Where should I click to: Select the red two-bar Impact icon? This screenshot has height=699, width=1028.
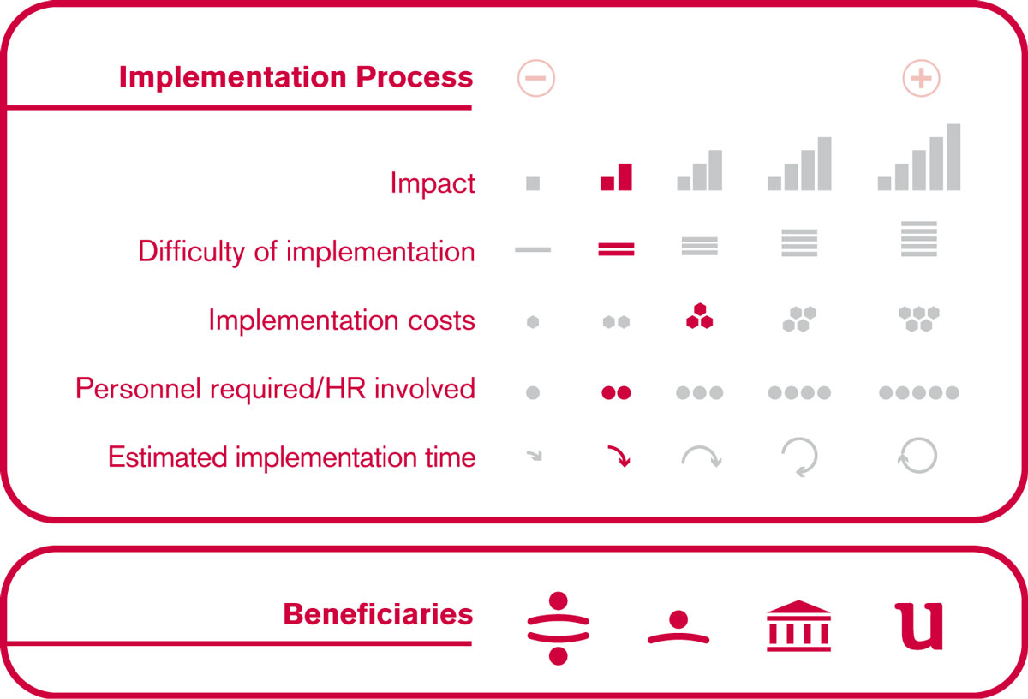[616, 176]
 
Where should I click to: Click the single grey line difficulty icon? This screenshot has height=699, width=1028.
[533, 249]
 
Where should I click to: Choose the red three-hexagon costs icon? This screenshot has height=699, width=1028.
[699, 316]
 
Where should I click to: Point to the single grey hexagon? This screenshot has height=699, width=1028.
[533, 322]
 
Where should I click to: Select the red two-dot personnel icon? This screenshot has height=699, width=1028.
[616, 392]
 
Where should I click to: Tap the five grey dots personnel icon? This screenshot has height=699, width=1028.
[918, 392]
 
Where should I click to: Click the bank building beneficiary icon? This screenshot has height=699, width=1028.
[798, 625]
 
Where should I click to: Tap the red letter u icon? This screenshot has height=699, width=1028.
[919, 626]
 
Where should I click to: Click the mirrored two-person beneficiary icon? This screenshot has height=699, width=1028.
[558, 628]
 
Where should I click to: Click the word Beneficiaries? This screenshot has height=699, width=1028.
[378, 613]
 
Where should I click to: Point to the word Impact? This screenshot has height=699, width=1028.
[433, 183]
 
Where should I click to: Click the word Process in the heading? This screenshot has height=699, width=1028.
[415, 76]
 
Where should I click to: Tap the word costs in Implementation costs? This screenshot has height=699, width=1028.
[441, 320]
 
